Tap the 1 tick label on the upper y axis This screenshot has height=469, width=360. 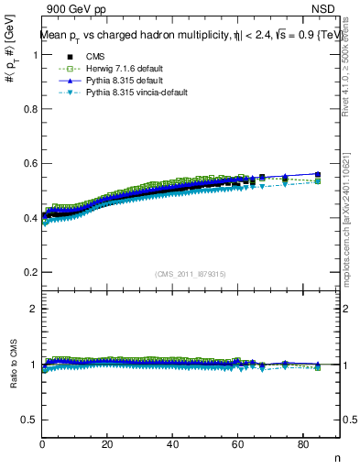coord(35,55)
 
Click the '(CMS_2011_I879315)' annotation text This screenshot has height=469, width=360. coord(191,276)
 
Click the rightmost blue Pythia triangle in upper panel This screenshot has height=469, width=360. coord(318,174)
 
